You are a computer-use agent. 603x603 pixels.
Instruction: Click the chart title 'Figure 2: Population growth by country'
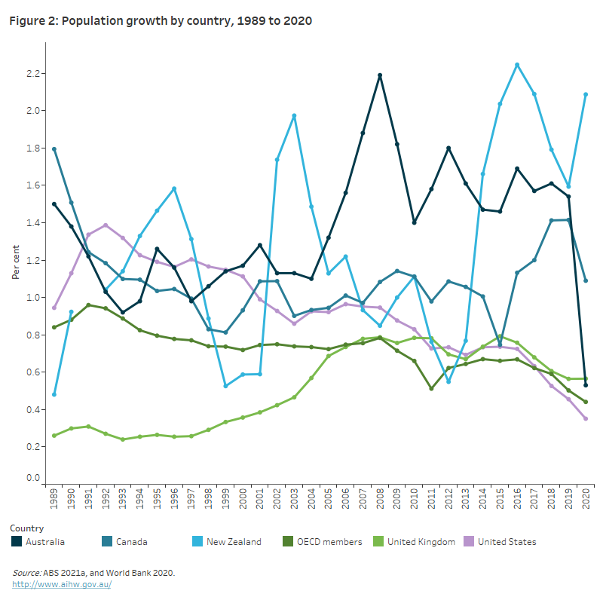[161, 21]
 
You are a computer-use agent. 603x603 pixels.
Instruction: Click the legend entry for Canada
[130, 541]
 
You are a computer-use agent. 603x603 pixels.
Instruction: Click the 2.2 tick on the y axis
[31, 74]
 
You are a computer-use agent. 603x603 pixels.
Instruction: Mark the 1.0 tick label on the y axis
[31, 298]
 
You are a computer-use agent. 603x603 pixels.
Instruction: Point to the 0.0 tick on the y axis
[31, 478]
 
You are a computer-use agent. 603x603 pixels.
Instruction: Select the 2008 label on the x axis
[380, 500]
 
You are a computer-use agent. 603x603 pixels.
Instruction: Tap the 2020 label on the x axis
[586, 500]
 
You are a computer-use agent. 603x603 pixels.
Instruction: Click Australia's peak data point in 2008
[380, 75]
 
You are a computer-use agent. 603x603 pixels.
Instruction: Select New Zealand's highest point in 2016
[517, 65]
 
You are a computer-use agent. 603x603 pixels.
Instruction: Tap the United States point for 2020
[586, 418]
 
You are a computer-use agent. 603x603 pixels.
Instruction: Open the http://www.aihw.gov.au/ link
[62, 584]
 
